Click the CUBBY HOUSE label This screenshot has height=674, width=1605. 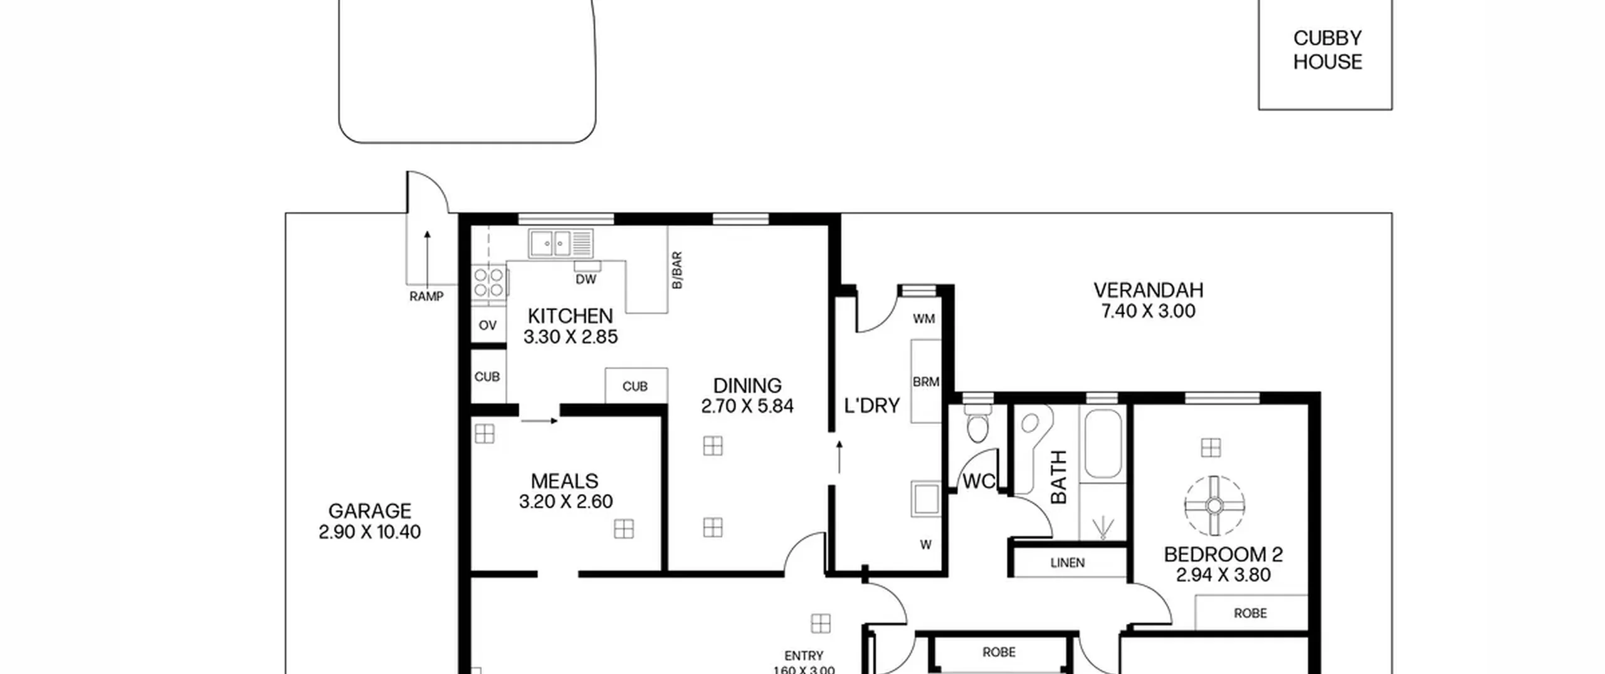(1327, 50)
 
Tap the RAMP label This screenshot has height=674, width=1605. (426, 297)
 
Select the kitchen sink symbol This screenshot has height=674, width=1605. (560, 243)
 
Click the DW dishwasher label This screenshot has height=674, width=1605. (586, 280)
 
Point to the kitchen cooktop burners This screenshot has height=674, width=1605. (489, 282)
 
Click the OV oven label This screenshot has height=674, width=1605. (488, 325)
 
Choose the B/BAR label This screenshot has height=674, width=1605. (677, 270)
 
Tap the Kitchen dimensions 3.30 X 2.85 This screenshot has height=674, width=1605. (571, 337)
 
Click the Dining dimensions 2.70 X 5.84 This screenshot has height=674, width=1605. (747, 406)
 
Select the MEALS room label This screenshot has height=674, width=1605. (564, 481)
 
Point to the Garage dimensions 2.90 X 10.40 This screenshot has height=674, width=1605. (370, 532)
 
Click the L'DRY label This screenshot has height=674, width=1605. (872, 406)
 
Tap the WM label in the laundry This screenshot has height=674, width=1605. (924, 319)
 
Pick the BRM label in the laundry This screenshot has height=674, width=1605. (926, 382)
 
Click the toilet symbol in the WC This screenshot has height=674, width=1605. (977, 424)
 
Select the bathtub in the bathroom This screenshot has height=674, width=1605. (1103, 444)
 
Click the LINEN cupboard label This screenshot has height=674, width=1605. (1068, 563)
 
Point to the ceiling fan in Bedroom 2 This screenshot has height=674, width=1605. (1214, 506)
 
